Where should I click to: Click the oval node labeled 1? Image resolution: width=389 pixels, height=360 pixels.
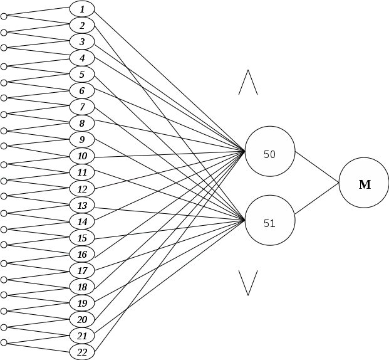(82, 9)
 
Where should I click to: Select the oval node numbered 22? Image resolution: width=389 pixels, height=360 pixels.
(82, 352)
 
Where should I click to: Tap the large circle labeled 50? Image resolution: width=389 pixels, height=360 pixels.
(270, 152)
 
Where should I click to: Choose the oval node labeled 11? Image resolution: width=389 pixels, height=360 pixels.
(82, 172)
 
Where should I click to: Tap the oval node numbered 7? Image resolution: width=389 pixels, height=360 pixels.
(82, 107)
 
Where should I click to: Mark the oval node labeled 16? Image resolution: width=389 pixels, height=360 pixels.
(82, 254)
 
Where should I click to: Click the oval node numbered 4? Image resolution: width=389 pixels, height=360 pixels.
(82, 58)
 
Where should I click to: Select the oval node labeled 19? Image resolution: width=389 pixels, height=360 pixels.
(82, 303)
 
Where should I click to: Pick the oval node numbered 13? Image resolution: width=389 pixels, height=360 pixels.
(82, 205)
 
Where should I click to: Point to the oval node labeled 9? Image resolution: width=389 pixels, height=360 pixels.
(82, 139)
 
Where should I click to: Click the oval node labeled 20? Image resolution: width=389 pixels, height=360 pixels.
(82, 319)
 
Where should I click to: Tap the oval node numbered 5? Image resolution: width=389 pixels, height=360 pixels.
(82, 74)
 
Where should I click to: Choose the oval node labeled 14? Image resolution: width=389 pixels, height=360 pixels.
(82, 221)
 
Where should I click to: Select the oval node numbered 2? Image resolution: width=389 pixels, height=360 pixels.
(82, 25)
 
